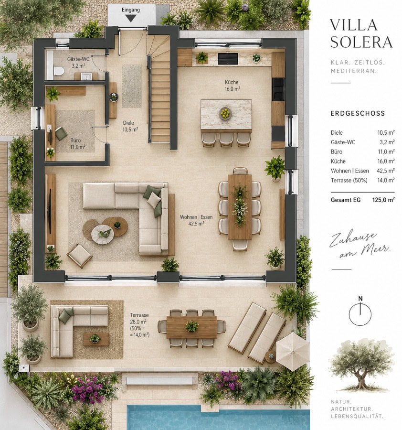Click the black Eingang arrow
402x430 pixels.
coord(131,18)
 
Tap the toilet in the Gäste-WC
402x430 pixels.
coord(59,71)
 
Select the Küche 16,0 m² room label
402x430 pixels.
coord(232,86)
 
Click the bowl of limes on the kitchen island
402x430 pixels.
coord(225,113)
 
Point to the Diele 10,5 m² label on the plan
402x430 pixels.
coord(130,126)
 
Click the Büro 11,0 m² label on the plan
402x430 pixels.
coord(77,144)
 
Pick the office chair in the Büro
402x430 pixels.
coord(61,134)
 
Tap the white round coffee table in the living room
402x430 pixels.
coord(102,234)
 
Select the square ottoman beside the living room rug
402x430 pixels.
coord(79,256)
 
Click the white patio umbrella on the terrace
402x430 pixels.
coord(293,351)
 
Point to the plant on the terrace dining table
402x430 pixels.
coord(191,326)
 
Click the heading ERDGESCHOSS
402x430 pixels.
coord(358,113)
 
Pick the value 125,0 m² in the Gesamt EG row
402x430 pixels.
coord(383,200)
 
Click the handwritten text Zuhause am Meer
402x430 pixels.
coord(359,245)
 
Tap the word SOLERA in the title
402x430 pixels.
coord(361,42)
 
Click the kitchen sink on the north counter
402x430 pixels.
coord(228,59)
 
